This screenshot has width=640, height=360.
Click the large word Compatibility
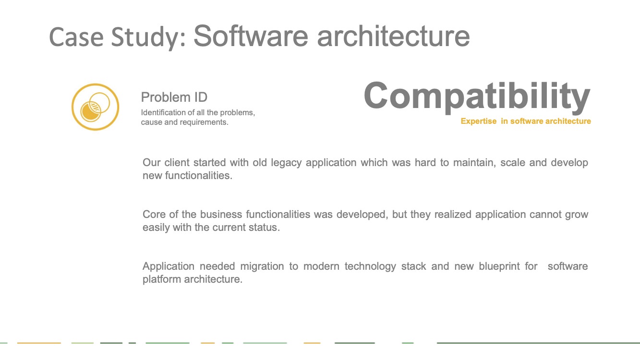point(477,96)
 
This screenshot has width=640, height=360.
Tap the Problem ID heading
point(174,97)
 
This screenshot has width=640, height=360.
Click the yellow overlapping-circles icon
point(95,107)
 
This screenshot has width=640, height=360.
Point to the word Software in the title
point(251,36)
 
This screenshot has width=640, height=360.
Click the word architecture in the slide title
point(393,36)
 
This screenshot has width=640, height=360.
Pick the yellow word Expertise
point(479,121)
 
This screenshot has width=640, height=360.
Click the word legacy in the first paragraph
point(286,163)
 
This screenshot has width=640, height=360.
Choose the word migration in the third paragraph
point(262,266)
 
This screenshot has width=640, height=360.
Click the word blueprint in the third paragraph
point(499,266)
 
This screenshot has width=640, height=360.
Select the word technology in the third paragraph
point(370,266)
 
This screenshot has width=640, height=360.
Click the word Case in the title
point(76,37)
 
